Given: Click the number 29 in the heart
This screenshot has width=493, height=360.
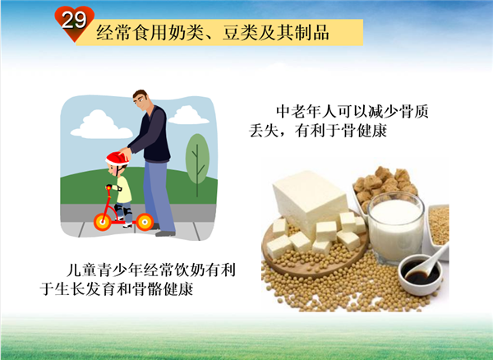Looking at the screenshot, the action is click(74, 20).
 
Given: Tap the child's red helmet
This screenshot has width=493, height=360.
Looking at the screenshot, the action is click(117, 159).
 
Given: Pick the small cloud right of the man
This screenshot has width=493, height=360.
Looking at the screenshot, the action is click(188, 115).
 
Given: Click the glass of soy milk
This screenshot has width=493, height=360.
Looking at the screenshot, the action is click(395, 228).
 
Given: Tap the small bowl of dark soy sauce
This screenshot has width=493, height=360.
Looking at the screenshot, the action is click(421, 275).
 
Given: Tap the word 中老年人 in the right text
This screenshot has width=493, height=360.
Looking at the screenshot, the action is click(306, 111).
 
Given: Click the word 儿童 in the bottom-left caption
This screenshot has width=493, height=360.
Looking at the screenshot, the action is click(82, 270).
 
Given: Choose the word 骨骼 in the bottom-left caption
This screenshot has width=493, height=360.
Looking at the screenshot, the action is click(147, 288).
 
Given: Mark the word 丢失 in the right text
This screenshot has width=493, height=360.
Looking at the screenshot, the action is click(265, 131).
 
